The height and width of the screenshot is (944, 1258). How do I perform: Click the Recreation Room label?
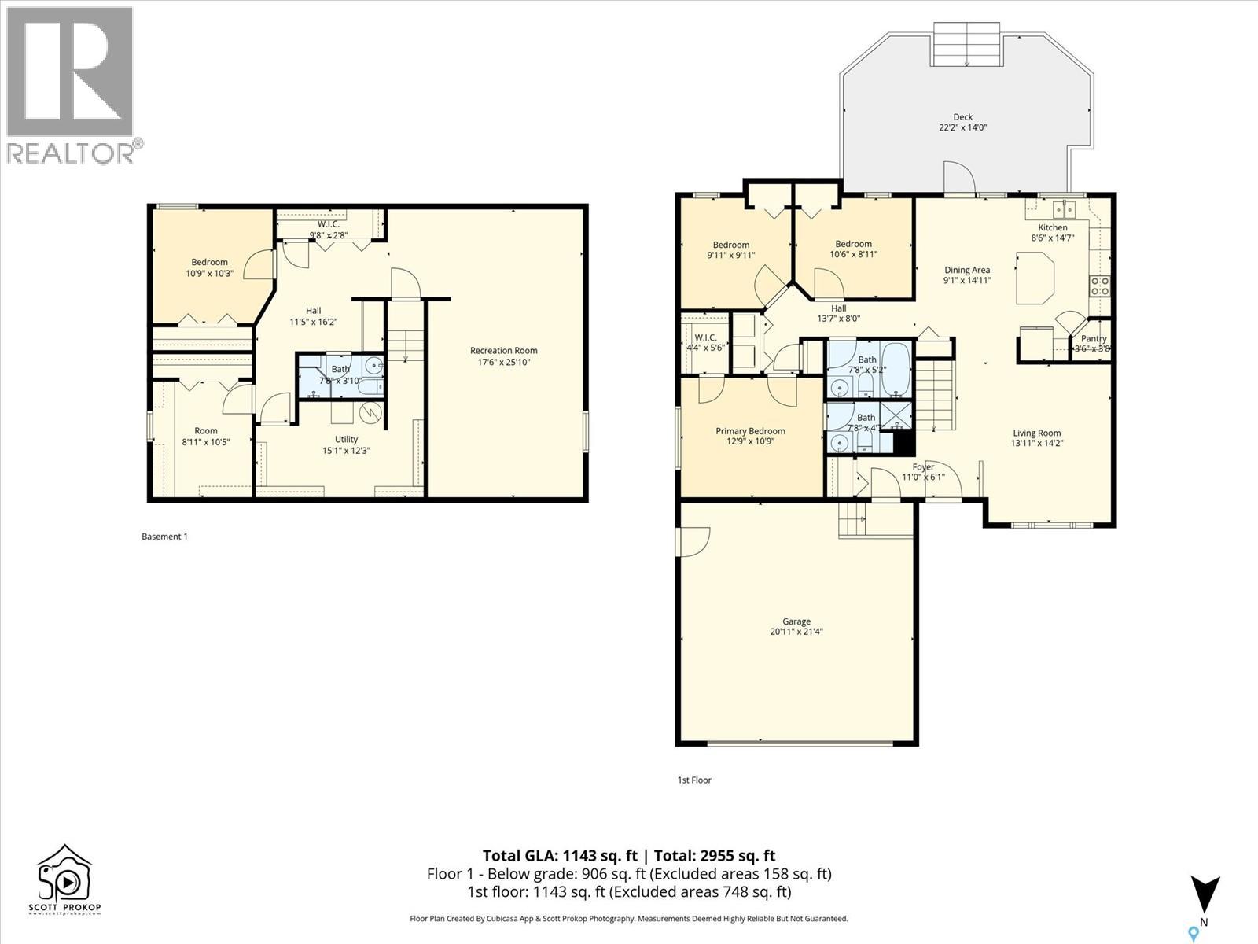coord(503,351)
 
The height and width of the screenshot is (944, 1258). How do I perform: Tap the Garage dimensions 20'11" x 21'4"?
coord(796,632)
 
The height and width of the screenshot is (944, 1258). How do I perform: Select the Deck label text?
coord(962,117)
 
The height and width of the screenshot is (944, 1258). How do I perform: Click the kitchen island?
coord(1035,277)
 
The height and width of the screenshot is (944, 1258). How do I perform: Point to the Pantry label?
coord(1093,339)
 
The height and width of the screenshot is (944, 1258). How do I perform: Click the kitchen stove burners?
coord(1099,286)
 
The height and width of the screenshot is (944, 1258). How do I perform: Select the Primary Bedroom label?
coord(749,431)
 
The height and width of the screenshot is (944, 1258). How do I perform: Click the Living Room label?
coord(1036,433)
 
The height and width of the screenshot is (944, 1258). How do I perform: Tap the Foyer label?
coord(922,467)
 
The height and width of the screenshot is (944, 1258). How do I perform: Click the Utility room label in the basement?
coord(346,440)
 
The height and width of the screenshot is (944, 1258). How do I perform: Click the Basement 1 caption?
coord(164,537)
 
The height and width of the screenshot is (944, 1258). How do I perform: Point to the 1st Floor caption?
coord(693,780)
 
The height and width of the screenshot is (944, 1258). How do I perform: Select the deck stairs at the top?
coord(966,44)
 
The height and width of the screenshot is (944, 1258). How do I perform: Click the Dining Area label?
coord(966,270)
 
